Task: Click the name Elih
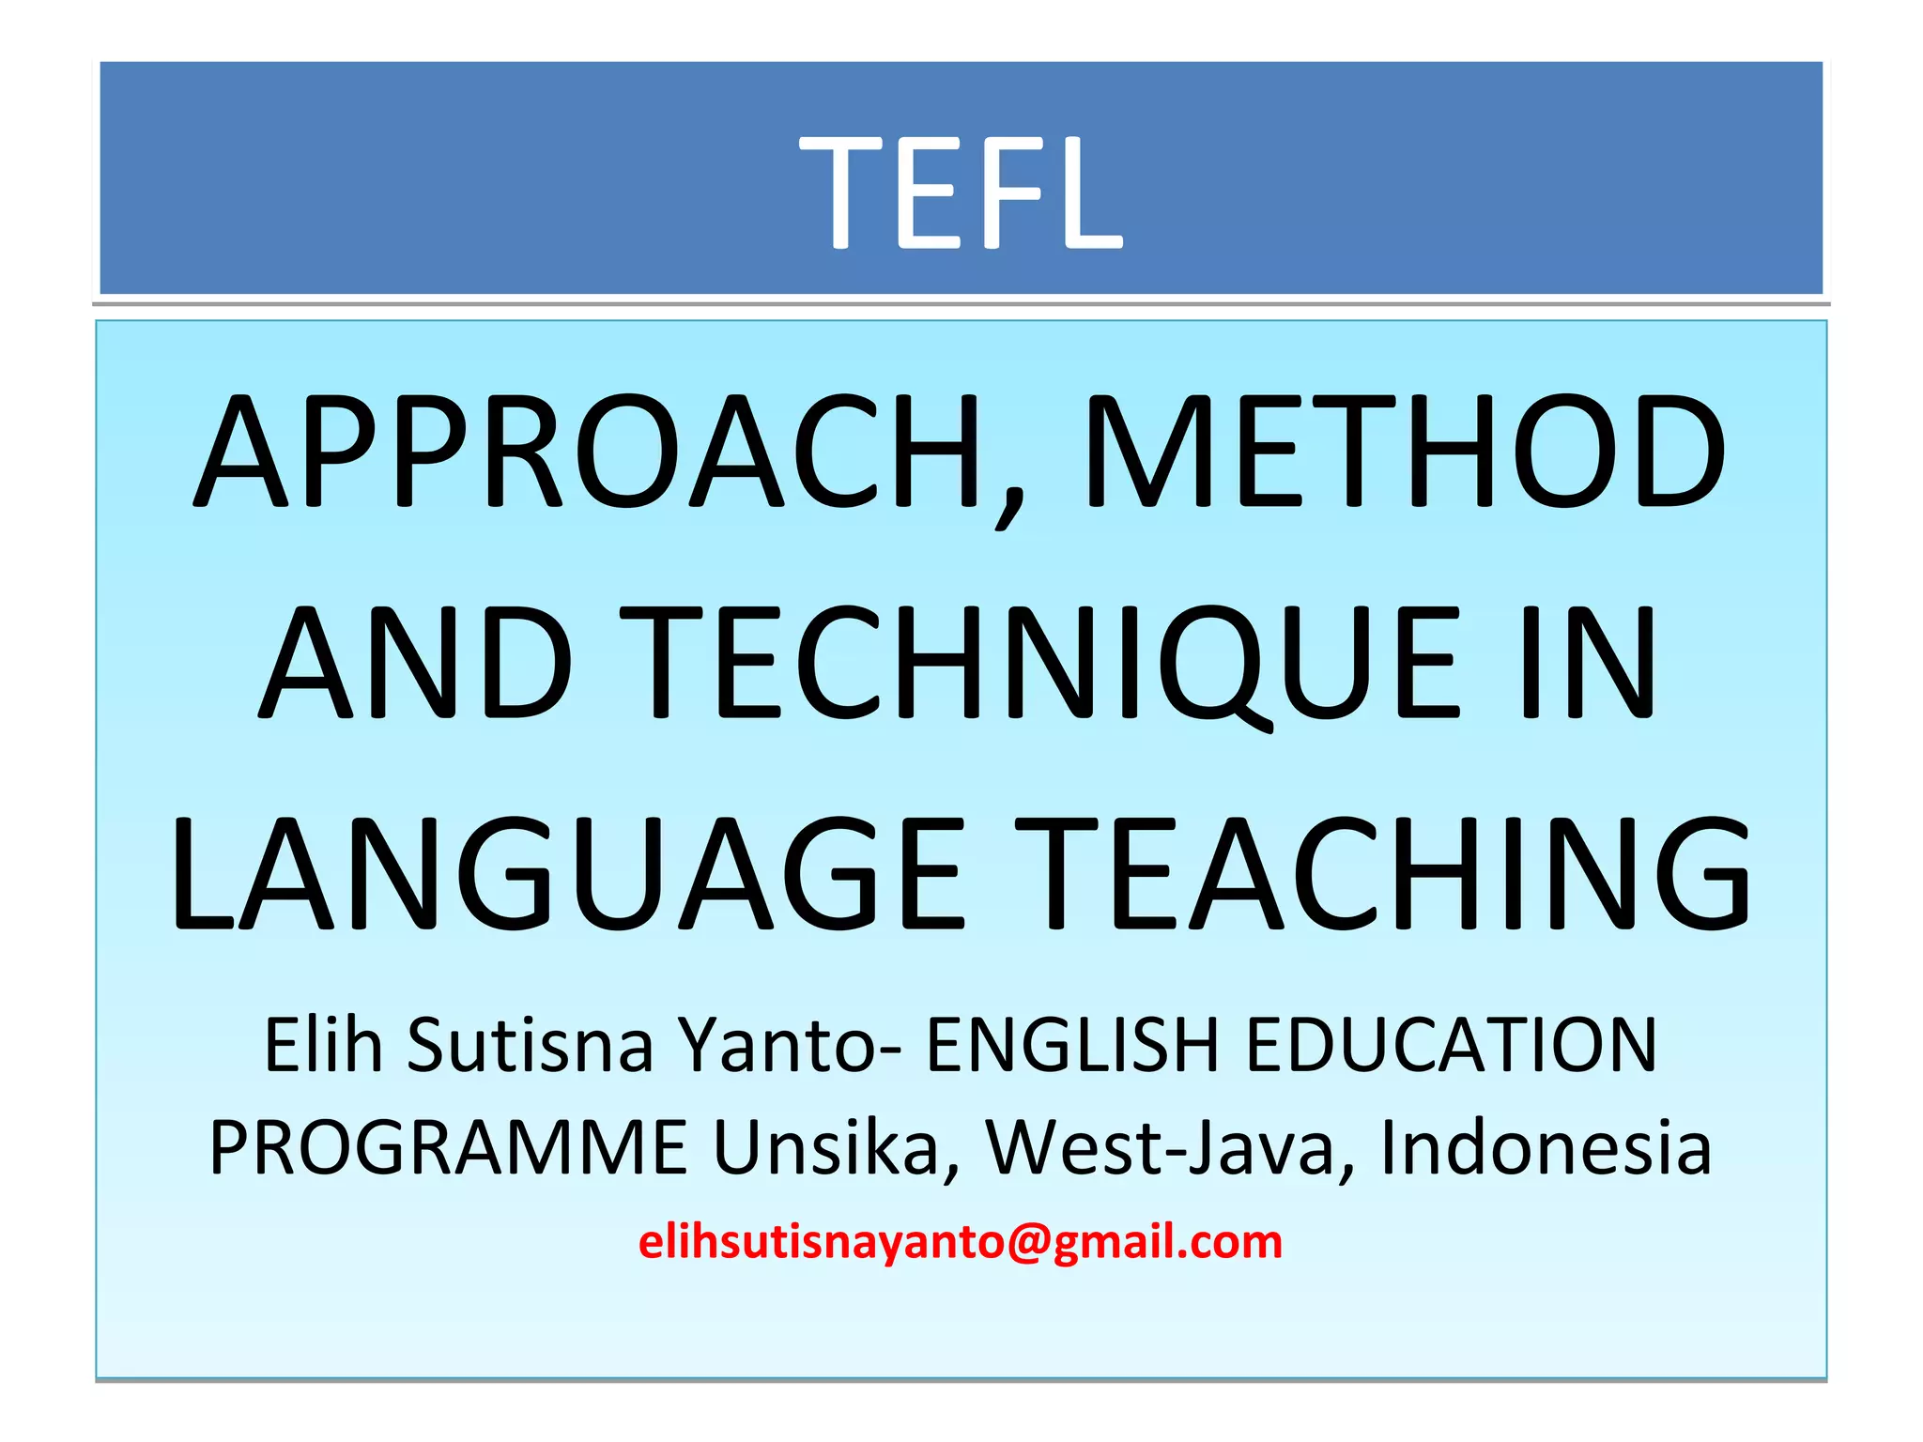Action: pyautogui.click(x=323, y=1045)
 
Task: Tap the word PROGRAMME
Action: pyautogui.click(x=448, y=1147)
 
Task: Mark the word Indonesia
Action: pyautogui.click(x=1546, y=1147)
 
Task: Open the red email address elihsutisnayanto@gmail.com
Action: pyautogui.click(x=961, y=1242)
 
